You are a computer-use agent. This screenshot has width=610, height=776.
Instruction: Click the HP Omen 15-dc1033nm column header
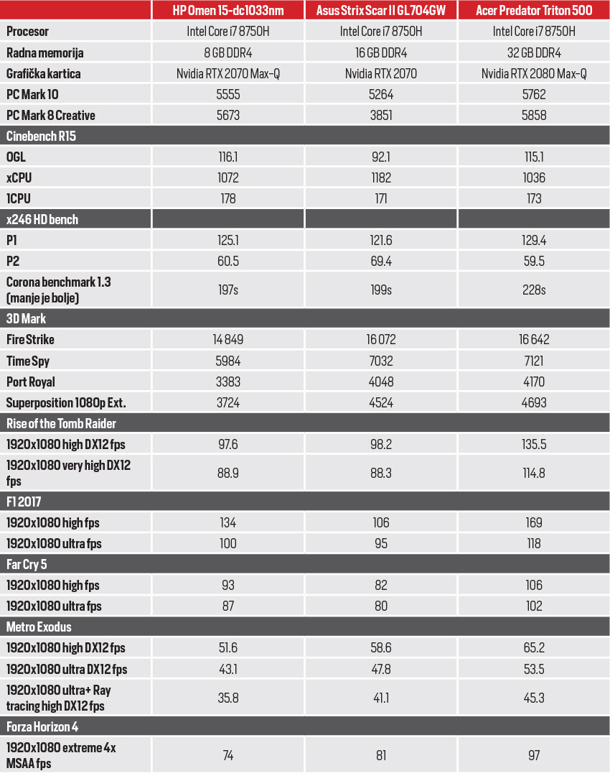227,10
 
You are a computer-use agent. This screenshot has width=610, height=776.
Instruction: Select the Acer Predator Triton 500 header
534,10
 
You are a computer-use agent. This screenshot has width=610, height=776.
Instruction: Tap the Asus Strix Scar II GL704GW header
380,10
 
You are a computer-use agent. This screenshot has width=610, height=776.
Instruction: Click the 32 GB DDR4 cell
534,52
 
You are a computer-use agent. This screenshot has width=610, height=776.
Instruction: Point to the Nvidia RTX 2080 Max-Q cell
534,73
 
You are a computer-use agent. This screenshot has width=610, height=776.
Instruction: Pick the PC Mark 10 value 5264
380,94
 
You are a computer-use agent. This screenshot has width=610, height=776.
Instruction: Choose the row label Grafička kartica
43,73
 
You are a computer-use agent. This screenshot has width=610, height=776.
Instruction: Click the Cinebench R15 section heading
41,136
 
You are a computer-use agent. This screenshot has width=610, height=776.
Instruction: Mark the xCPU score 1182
380,177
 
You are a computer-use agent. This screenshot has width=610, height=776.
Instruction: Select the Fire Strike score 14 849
227,339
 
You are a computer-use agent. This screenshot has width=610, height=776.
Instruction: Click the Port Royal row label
31,382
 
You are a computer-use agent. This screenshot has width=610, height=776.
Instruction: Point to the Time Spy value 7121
534,361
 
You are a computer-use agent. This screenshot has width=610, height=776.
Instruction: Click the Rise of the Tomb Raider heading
61,422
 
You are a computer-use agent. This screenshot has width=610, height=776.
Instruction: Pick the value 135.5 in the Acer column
534,444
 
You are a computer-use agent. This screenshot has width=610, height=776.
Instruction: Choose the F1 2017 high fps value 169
534,522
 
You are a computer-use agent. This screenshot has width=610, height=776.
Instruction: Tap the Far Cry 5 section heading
31,564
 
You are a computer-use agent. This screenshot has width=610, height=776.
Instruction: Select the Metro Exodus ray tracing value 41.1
380,697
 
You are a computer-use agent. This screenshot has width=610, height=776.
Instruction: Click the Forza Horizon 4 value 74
227,754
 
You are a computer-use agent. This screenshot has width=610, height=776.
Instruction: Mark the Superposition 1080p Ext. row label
60,402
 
